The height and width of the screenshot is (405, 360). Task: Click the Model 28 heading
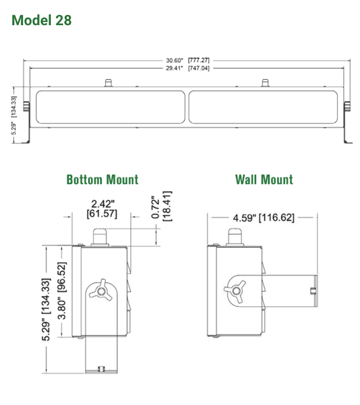click(41, 20)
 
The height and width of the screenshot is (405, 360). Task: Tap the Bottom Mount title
click(102, 180)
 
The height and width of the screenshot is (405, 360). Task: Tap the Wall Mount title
click(264, 180)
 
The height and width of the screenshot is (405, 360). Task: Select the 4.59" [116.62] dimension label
click(264, 218)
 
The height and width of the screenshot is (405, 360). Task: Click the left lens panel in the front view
click(110, 107)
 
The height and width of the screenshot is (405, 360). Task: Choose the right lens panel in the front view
click(263, 107)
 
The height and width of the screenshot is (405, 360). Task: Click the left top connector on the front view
click(108, 83)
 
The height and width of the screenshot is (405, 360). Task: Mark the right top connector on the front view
click(265, 83)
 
